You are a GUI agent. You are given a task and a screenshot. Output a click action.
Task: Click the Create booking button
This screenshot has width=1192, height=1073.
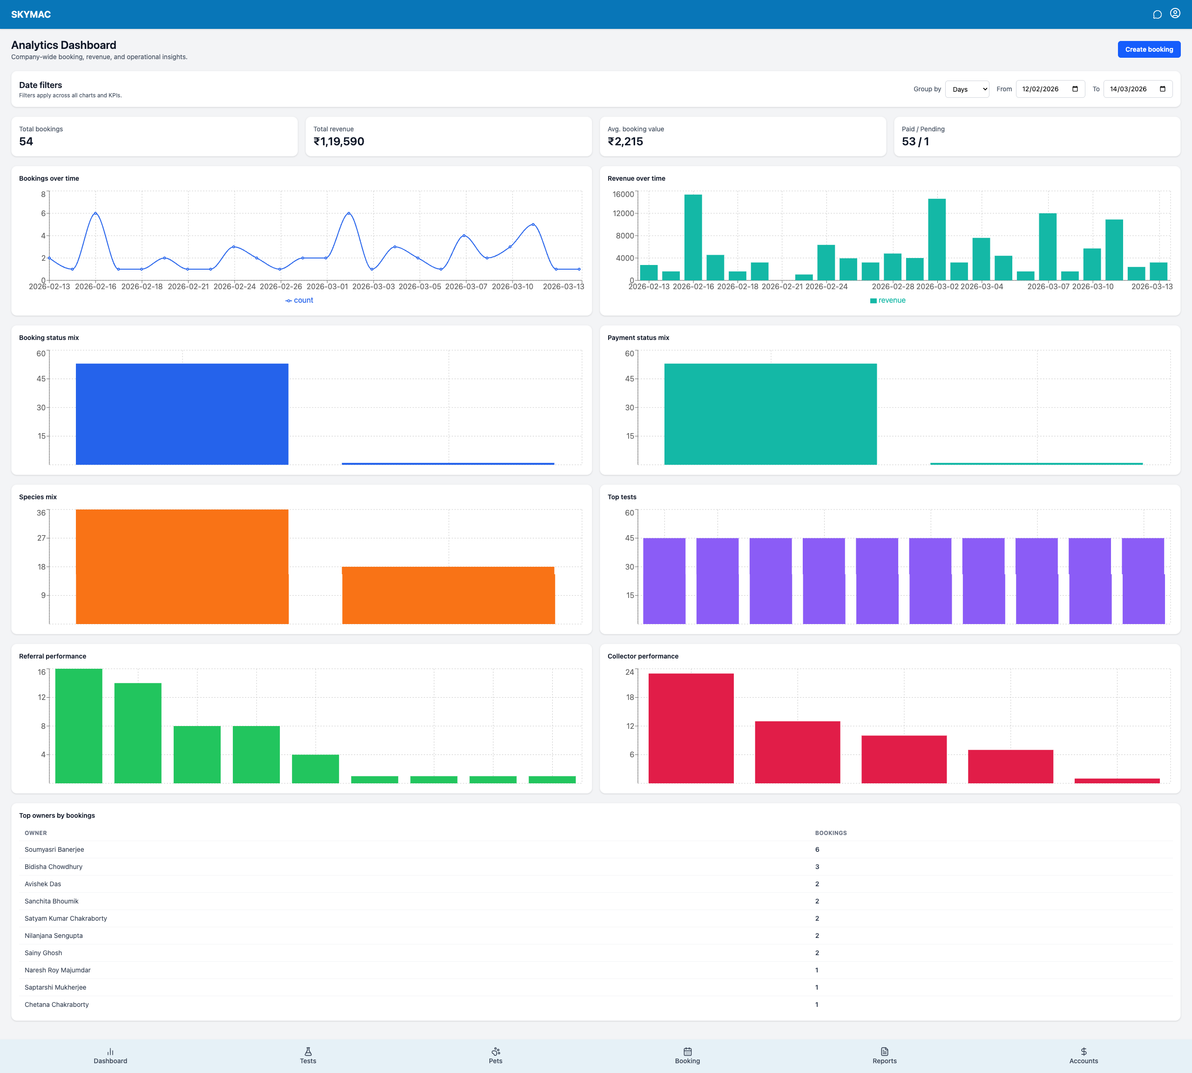(x=1148, y=49)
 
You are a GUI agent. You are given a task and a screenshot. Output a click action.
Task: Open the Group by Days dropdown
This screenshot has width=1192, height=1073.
(x=967, y=89)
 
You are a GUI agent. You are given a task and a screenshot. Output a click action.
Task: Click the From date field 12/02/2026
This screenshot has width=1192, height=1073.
(x=1050, y=89)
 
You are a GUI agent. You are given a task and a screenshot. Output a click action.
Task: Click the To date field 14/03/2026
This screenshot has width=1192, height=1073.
(x=1137, y=89)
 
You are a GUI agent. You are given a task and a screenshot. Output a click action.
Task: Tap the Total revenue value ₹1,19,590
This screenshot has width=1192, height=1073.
(x=339, y=142)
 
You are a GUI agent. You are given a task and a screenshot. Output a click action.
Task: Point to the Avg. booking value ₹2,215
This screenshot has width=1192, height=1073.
(x=625, y=142)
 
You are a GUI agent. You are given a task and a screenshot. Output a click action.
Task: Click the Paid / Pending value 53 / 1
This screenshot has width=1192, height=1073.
(x=915, y=142)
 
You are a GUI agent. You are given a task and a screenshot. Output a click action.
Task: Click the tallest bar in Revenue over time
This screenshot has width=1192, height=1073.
(x=693, y=237)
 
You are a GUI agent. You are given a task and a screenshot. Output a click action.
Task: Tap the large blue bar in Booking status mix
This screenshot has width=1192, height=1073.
(x=182, y=414)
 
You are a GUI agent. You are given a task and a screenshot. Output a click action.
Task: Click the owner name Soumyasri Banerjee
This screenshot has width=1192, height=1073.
(x=54, y=849)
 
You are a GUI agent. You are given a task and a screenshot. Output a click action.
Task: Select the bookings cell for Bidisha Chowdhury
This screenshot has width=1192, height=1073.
(x=817, y=867)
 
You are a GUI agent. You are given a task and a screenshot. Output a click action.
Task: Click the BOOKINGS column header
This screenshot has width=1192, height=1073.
(x=831, y=833)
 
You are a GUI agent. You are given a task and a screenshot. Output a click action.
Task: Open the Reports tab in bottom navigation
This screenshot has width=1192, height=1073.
(x=884, y=1055)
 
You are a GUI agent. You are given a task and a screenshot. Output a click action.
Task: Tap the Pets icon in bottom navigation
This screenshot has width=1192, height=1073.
(x=495, y=1052)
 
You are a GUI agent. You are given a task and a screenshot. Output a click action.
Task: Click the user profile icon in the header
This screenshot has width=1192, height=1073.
(x=1174, y=14)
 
